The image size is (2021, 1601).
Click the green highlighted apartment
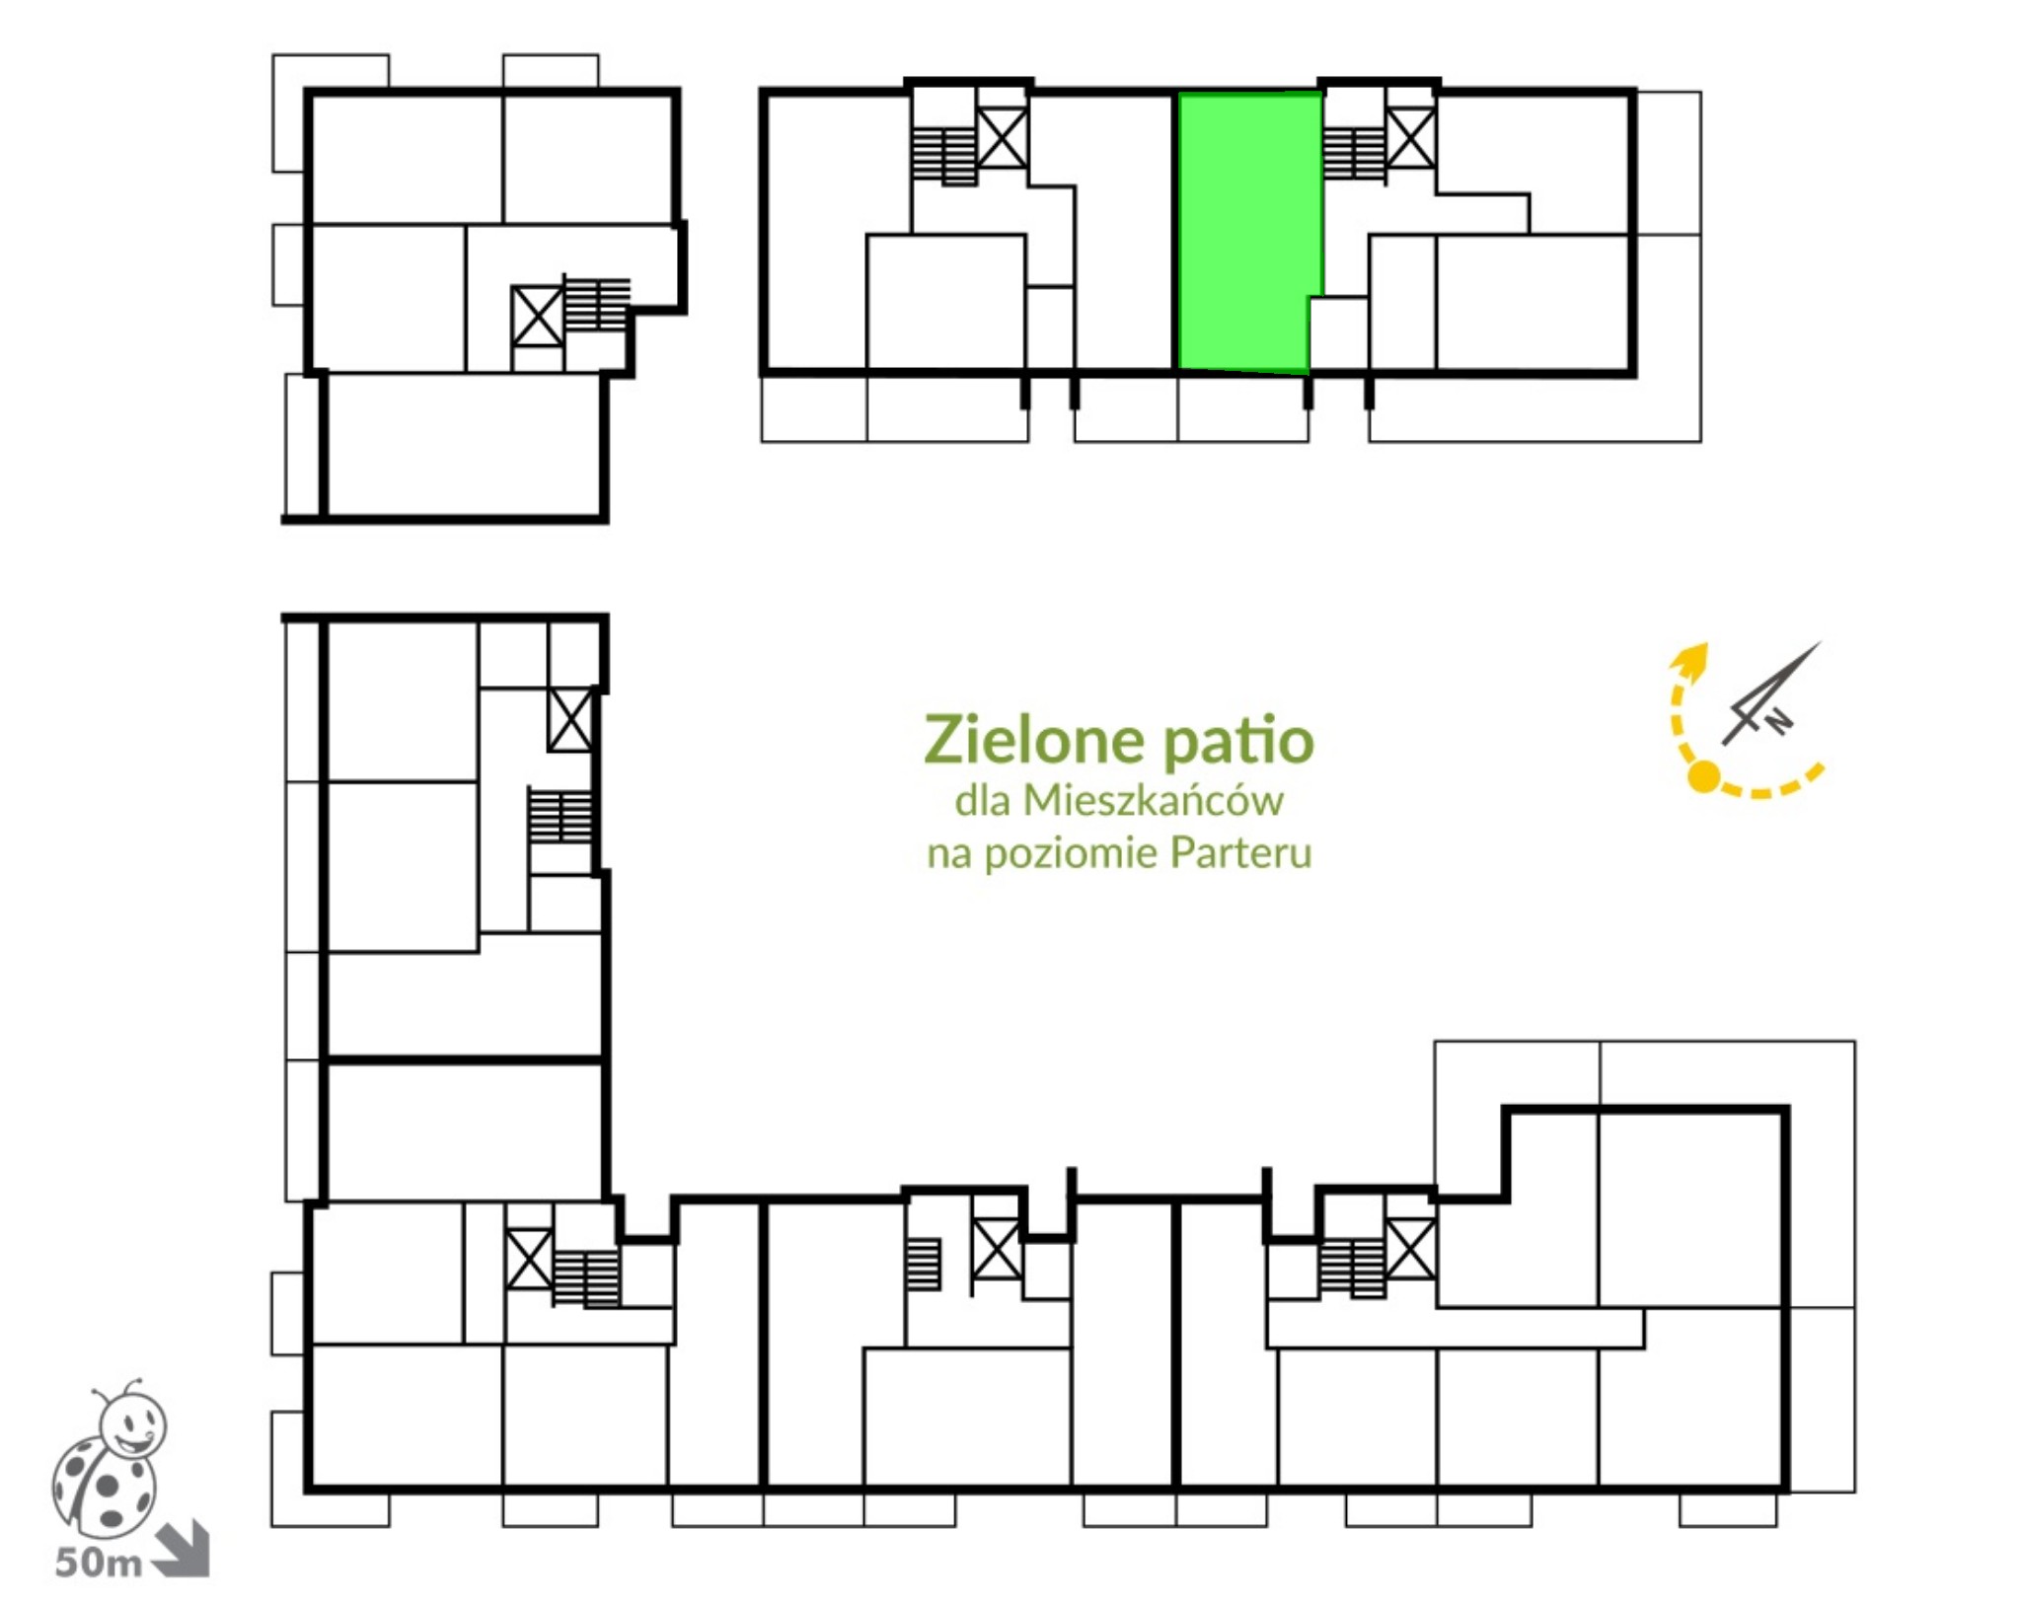coord(1248,233)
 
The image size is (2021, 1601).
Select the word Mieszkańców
coord(1153,800)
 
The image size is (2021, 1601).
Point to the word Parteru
coord(1240,853)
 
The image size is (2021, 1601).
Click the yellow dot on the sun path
coord(1703,776)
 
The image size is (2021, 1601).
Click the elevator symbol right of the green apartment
coord(1411,139)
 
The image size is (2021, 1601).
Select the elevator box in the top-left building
coord(538,317)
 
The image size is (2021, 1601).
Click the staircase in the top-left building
coord(596,303)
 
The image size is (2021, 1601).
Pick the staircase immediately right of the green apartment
coord(1354,154)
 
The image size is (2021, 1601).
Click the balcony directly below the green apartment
coord(1243,407)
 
